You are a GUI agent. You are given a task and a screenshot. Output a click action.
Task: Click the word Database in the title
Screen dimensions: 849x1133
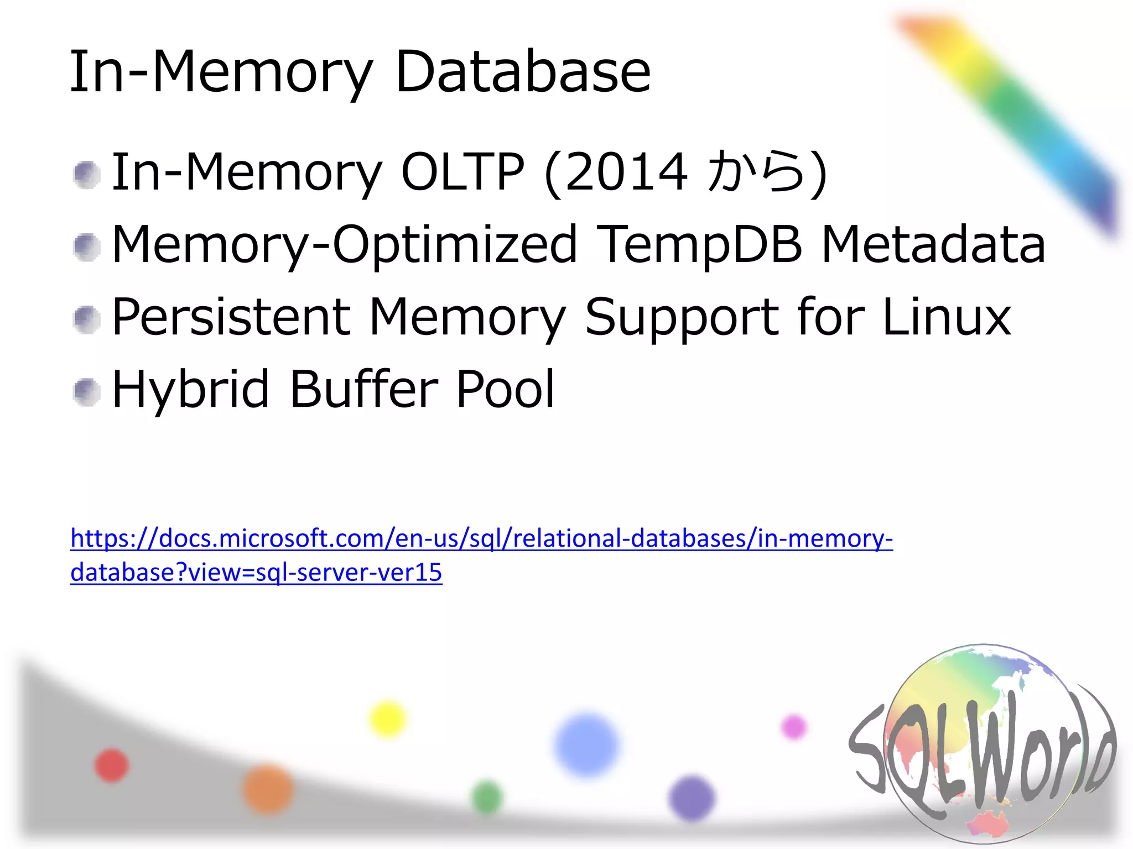pyautogui.click(x=523, y=72)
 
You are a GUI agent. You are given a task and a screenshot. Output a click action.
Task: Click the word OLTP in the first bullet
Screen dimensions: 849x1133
pyautogui.click(x=462, y=172)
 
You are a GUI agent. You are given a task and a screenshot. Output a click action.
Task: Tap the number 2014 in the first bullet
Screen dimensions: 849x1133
pyautogui.click(x=626, y=173)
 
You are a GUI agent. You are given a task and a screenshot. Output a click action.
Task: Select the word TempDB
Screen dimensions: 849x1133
pyautogui.click(x=700, y=244)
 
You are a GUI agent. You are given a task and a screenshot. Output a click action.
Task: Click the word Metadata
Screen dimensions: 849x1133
pyautogui.click(x=933, y=244)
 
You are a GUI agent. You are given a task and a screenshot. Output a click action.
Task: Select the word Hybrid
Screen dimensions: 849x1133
pyautogui.click(x=191, y=390)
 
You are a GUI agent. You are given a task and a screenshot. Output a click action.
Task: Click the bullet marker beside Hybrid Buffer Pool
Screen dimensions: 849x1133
pyautogui.click(x=87, y=392)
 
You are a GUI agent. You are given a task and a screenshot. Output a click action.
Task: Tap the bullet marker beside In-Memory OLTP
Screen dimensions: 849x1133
pyautogui.click(x=87, y=175)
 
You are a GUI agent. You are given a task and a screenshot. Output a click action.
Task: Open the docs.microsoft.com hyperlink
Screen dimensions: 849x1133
pyautogui.click(x=481, y=538)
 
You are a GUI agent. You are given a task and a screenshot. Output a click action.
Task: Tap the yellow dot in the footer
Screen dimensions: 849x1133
pyautogui.click(x=387, y=719)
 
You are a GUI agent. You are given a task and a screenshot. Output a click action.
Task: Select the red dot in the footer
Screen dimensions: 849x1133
pyautogui.click(x=111, y=765)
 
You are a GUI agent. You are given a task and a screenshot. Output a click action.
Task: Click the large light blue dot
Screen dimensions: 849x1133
pyautogui.click(x=586, y=744)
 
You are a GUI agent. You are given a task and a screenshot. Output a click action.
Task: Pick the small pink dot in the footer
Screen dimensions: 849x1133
pyautogui.click(x=794, y=726)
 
